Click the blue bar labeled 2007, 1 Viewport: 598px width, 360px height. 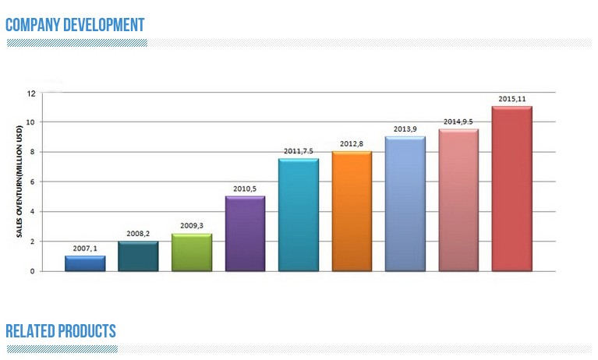85,263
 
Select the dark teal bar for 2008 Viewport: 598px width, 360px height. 138,256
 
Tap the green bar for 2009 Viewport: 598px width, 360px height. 191,252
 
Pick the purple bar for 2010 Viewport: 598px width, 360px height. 245,234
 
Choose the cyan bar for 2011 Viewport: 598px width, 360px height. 298,215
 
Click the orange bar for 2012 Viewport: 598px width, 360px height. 352,211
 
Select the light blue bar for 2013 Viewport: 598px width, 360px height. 405,204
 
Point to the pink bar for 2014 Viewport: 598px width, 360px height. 458,200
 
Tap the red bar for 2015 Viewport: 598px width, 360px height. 511,189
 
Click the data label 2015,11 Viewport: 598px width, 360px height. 512,98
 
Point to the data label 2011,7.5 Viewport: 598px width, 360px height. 299,150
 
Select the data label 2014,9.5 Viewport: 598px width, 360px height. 459,122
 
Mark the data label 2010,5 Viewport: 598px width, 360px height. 245,189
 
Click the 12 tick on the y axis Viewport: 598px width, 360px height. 31,93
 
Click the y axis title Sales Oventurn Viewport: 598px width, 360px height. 18,182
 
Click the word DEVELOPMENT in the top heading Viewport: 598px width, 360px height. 101,25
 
